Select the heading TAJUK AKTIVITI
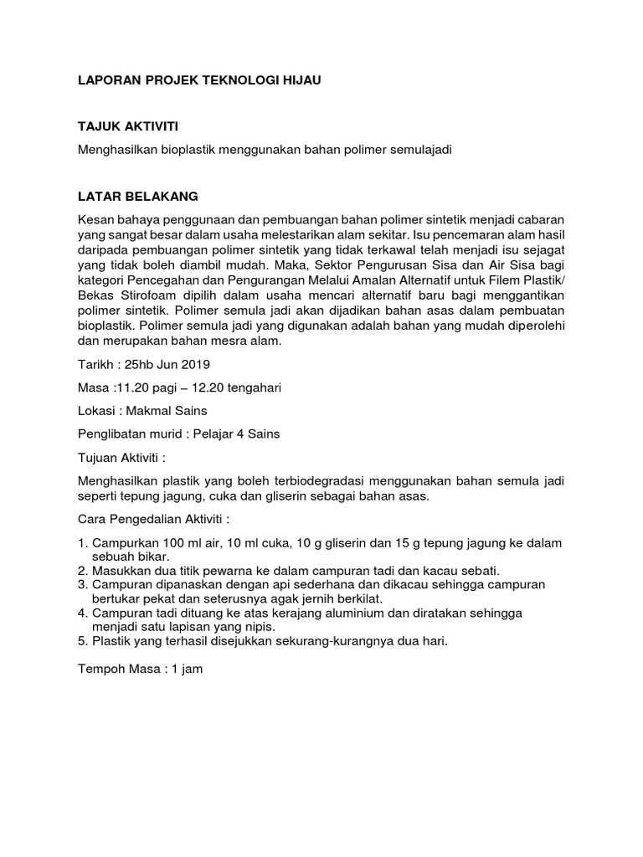click(128, 126)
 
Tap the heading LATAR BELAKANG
click(137, 197)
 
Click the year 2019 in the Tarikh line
click(194, 365)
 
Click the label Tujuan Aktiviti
click(121, 458)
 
